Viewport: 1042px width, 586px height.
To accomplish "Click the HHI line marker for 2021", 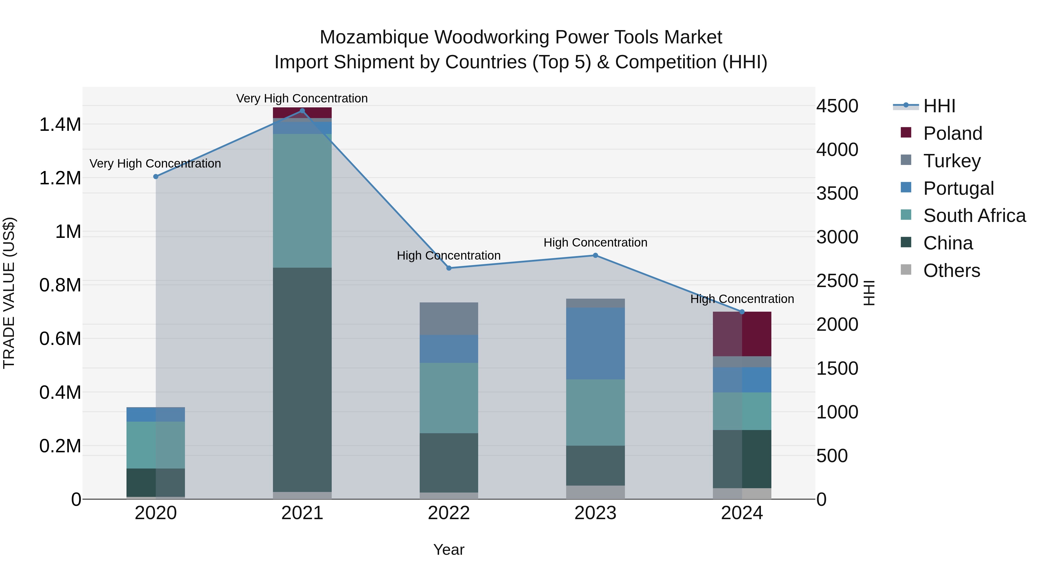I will (x=302, y=111).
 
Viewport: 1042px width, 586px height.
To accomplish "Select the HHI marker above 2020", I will (x=156, y=177).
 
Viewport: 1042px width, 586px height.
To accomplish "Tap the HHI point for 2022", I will (x=449, y=268).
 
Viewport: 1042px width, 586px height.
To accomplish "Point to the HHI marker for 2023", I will (x=595, y=256).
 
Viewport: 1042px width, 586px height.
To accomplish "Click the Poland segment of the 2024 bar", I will (x=742, y=334).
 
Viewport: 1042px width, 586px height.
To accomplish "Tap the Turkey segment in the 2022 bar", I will (x=449, y=319).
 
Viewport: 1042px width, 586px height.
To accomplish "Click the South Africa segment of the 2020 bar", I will (x=156, y=445).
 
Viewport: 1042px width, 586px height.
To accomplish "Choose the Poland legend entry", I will (x=953, y=133).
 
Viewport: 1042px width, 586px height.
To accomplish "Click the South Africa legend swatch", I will (x=906, y=215).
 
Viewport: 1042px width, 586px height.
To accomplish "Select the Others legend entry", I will (x=951, y=271).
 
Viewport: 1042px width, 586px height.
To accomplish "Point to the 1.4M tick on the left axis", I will (x=60, y=124).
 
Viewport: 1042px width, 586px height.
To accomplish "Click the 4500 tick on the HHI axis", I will (x=837, y=106).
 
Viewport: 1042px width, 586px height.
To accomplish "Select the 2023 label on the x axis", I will (x=595, y=513).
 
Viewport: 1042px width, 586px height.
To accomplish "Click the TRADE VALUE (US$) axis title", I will (x=9, y=293).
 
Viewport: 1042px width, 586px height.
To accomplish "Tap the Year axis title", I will (x=449, y=550).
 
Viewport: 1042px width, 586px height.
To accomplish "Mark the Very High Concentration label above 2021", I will (x=302, y=98).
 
